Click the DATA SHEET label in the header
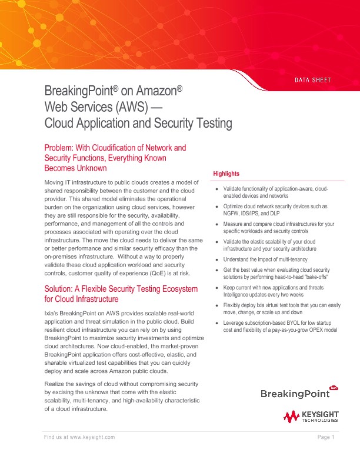coord(313,80)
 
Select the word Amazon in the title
coord(157,92)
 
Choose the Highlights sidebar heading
coord(226,174)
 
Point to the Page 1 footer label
coord(326,437)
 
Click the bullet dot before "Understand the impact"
coord(217,259)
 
